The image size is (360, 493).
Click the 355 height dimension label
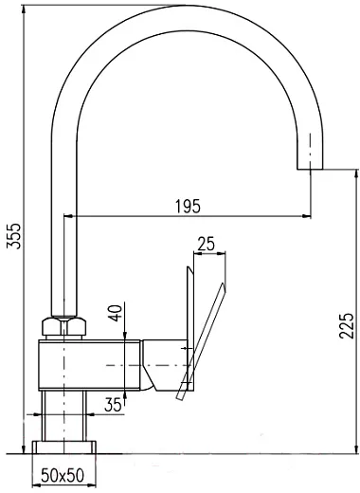(13, 236)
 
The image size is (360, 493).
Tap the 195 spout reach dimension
(188, 207)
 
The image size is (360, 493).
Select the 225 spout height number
(346, 325)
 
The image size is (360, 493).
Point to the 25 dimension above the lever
(206, 244)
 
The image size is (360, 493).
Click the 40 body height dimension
(117, 313)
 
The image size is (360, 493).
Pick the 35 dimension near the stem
(113, 405)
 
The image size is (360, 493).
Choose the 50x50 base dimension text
(63, 475)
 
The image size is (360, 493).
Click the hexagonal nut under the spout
(63, 327)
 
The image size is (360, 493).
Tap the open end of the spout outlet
(310, 169)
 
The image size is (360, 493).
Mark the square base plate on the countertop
(63, 447)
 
